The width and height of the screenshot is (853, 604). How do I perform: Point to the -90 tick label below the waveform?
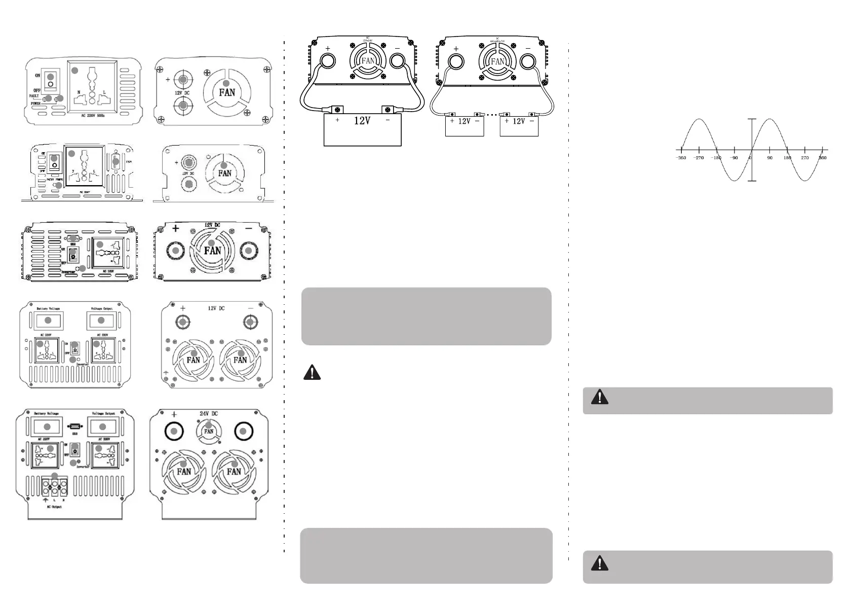733,158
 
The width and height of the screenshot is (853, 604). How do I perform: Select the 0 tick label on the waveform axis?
750,158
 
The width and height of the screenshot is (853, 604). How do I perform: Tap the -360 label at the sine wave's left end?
681,158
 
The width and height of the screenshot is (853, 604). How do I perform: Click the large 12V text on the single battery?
362,121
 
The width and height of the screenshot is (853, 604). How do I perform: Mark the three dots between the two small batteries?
492,115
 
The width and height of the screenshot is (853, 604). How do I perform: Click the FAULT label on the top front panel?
33,96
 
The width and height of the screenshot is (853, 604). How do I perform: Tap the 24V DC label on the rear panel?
209,413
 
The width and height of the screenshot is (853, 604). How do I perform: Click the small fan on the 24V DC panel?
209,431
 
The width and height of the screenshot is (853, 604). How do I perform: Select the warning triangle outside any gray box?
312,373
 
